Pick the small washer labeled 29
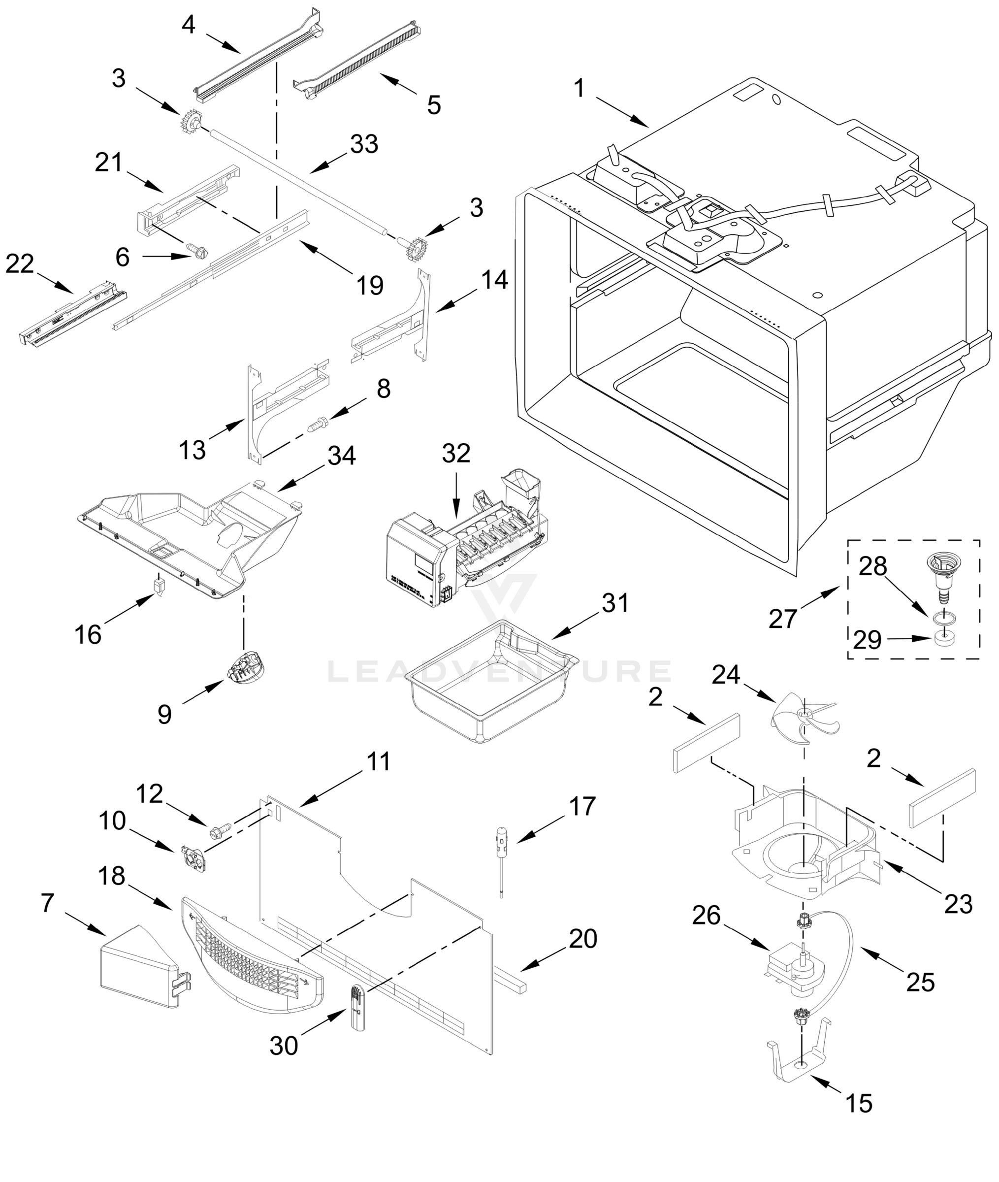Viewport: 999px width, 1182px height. coord(942,638)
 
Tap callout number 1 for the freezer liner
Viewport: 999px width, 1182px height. coord(579,89)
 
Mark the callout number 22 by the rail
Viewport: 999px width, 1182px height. coord(20,264)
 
